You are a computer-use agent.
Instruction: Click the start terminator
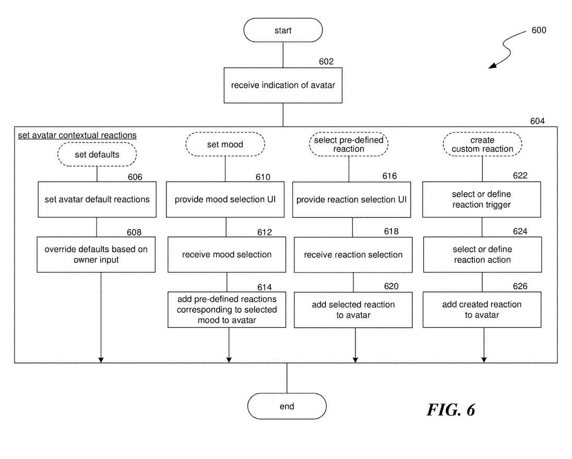click(x=283, y=31)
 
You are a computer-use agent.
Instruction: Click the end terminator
click(x=287, y=406)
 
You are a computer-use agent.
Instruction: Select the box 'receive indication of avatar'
click(x=283, y=85)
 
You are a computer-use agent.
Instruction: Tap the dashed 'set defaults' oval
click(x=97, y=155)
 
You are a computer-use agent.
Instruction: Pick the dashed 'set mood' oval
click(x=225, y=144)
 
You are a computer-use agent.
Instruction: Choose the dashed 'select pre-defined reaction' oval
click(x=349, y=144)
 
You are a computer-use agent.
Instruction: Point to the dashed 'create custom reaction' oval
click(x=482, y=144)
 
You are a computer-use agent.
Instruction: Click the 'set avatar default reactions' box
click(x=97, y=199)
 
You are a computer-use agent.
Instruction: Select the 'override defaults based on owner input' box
click(x=96, y=255)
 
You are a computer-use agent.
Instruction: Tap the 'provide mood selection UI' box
click(x=225, y=199)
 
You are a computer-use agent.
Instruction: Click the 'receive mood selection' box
click(x=227, y=255)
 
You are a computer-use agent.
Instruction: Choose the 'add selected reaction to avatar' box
click(x=353, y=310)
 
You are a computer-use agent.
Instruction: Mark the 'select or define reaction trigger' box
click(x=482, y=199)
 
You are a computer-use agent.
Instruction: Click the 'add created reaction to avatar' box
click(x=482, y=310)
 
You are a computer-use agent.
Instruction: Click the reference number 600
click(x=539, y=30)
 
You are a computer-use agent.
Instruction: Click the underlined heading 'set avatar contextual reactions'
click(x=77, y=135)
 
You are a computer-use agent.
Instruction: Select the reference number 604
click(x=537, y=121)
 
